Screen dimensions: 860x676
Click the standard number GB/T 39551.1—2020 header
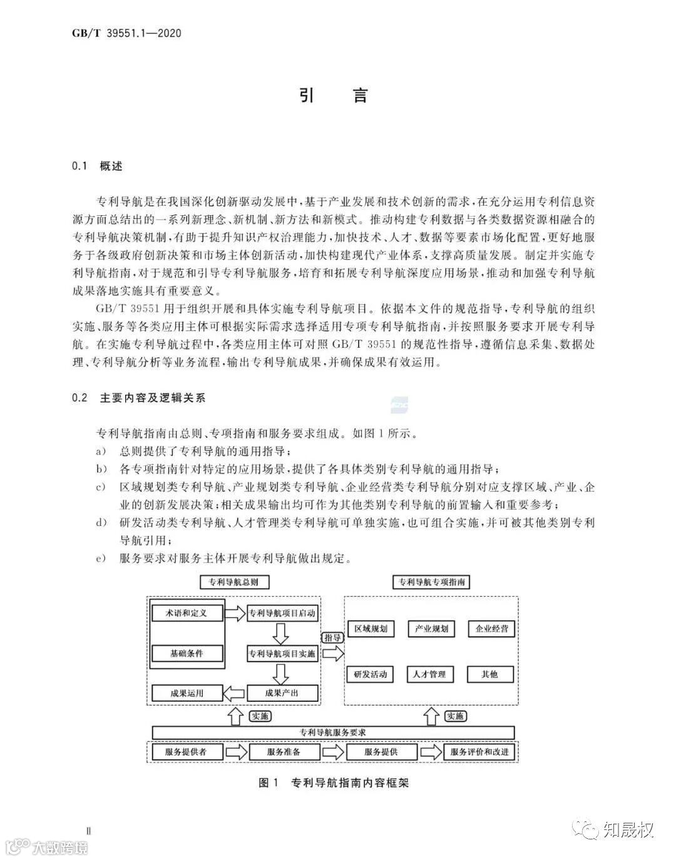point(127,33)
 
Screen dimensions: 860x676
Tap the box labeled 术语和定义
point(187,612)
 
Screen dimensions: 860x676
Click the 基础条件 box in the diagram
point(187,654)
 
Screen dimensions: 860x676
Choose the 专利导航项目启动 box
point(282,613)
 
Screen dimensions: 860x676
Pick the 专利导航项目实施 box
point(282,654)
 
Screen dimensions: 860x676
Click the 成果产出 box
point(282,692)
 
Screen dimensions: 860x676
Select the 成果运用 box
point(187,692)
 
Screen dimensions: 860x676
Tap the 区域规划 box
point(371,629)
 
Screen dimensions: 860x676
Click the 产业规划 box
point(431,629)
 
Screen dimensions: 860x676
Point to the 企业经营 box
point(491,629)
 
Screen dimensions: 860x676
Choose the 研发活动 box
point(371,674)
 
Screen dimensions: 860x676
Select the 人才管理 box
point(429,674)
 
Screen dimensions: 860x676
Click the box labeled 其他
point(490,674)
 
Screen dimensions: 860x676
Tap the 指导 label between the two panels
point(332,637)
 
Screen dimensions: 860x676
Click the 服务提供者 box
point(187,752)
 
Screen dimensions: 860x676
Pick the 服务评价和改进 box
point(480,752)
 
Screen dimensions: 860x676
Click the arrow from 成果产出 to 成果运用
point(235,692)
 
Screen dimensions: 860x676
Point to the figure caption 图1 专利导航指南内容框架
point(333,782)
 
